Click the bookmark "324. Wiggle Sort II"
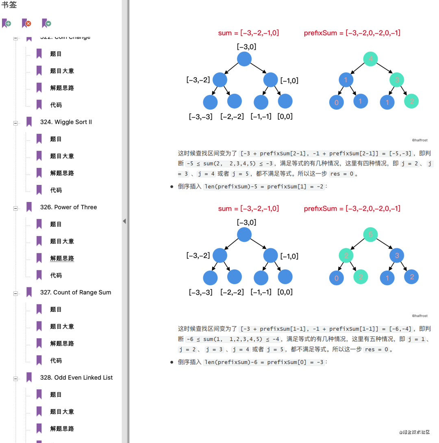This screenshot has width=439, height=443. (66, 122)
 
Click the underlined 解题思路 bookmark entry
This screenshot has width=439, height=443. (62, 258)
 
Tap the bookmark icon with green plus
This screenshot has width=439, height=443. (7, 24)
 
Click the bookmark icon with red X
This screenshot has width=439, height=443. (27, 24)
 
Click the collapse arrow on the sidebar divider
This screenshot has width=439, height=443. (124, 221)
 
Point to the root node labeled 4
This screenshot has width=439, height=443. (370, 59)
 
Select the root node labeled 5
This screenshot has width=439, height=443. (370, 235)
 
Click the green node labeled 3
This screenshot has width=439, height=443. (397, 80)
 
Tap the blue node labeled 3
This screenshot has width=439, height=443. (397, 256)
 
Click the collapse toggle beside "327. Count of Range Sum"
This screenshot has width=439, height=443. (16, 293)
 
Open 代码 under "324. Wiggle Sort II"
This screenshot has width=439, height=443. (56, 190)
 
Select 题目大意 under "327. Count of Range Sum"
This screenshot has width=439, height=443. (62, 326)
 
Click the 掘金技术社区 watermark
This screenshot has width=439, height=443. (415, 432)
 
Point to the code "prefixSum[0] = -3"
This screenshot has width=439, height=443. (296, 362)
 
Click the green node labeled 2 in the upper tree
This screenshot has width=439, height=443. (411, 101)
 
